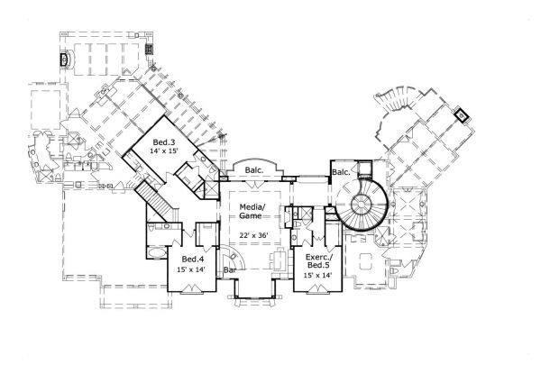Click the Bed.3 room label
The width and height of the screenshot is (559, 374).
click(164, 142)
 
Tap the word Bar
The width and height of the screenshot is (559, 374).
click(230, 269)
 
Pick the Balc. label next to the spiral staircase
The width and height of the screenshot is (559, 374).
click(341, 172)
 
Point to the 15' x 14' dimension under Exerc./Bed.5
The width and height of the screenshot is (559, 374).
click(320, 275)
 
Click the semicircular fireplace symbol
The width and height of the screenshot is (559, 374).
click(63, 59)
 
